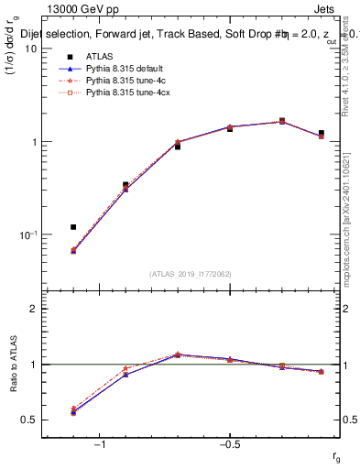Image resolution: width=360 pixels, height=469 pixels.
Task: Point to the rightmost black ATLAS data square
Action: click(321, 133)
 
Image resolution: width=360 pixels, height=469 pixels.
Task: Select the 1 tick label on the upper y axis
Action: click(35, 142)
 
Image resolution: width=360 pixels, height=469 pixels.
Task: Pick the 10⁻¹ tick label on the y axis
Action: click(29, 234)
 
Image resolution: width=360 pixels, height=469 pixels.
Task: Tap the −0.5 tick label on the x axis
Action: click(229, 445)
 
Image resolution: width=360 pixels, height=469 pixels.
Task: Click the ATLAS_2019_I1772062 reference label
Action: click(191, 274)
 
